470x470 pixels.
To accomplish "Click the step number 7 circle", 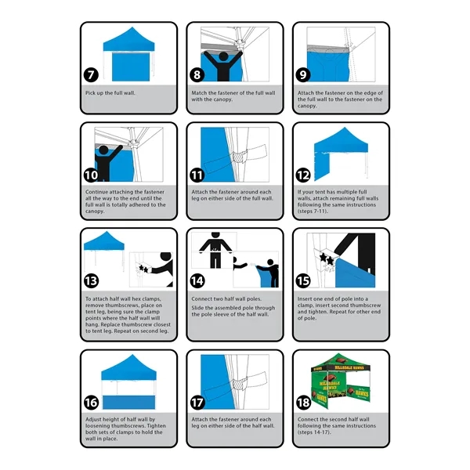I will point(92,75).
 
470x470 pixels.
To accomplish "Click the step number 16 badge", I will point(92,403).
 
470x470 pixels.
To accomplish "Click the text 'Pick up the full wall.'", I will point(110,92).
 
